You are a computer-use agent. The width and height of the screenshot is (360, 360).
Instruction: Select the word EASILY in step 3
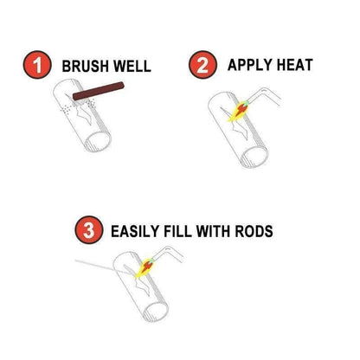(138, 231)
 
